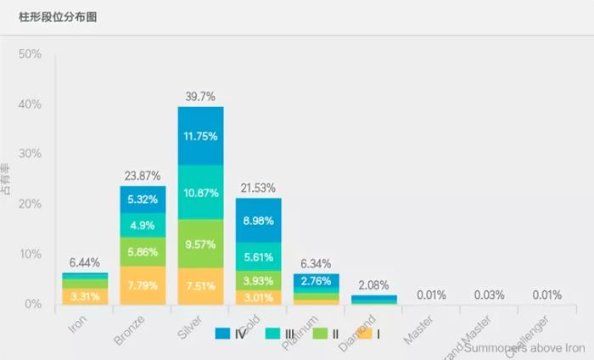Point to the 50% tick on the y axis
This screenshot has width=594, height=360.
30,54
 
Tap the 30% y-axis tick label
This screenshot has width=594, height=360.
30,155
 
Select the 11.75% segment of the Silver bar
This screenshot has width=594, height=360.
200,136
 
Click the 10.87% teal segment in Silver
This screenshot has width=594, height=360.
200,193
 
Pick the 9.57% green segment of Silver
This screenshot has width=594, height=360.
200,244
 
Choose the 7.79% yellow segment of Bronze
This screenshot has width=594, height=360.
143,285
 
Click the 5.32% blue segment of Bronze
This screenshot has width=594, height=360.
143,200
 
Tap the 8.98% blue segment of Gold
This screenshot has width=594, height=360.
258,221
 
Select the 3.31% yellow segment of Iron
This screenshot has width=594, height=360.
85,296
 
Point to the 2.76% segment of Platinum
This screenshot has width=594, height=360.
316,280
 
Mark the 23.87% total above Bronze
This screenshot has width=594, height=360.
143,176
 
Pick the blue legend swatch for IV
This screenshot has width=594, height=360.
223,334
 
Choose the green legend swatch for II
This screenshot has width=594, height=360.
318,334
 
